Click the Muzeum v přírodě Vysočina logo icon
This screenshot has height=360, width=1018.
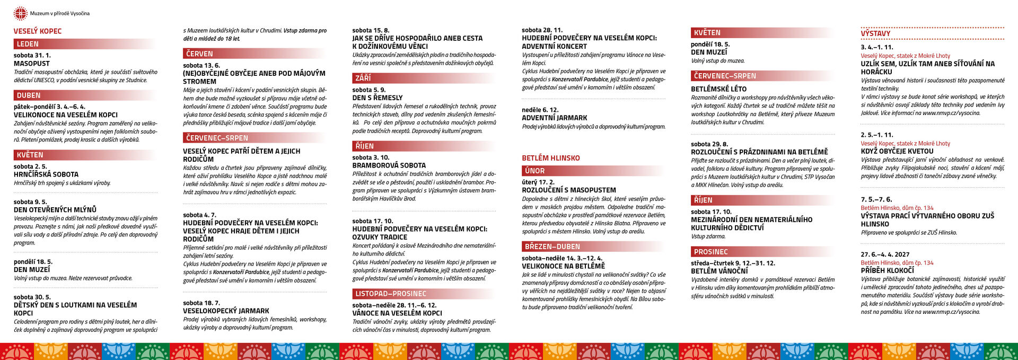tap(20, 13)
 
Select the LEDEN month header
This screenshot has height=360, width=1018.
tap(28, 44)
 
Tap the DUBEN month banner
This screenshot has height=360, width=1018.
tap(29, 95)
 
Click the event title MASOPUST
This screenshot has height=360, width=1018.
tap(32, 64)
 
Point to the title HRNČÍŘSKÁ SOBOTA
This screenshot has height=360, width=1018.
tap(46, 174)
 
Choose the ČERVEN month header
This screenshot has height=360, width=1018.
tap(199, 54)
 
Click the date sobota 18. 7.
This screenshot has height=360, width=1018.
tap(201, 303)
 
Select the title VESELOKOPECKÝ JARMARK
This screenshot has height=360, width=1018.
tap(226, 311)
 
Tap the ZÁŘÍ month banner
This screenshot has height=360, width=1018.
tap(363, 78)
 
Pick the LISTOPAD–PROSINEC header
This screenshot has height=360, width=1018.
tap(391, 294)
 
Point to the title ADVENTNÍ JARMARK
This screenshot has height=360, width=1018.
tap(555, 118)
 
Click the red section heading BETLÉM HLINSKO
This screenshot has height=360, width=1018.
tap(551, 158)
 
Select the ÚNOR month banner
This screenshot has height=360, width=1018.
tap(535, 171)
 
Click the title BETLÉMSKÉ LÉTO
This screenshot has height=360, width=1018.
tap(718, 89)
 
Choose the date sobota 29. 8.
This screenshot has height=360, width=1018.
tap(709, 144)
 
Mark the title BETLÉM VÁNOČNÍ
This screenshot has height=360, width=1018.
tap(719, 271)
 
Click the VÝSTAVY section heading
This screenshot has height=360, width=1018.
tap(875, 34)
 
